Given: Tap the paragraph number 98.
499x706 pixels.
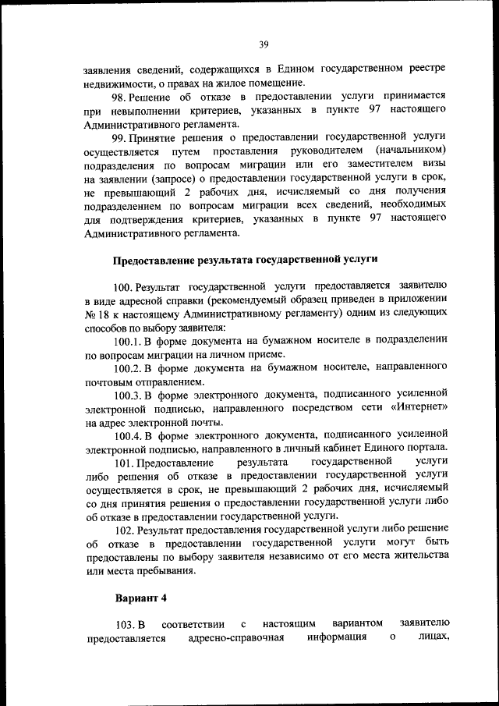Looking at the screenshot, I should click(123, 96).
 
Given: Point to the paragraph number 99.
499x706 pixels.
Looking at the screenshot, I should click(123, 135).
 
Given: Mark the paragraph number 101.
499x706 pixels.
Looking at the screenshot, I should click(123, 463).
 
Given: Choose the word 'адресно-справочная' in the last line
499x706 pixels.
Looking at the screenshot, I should click(235, 639).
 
